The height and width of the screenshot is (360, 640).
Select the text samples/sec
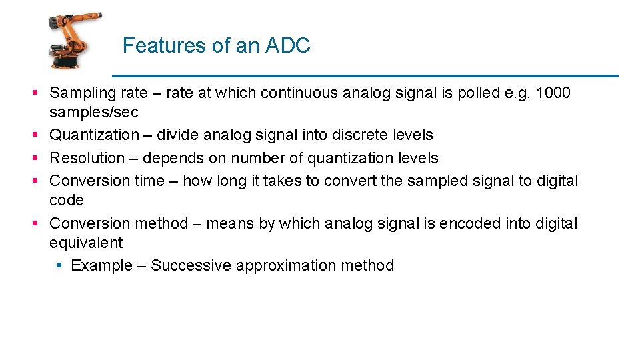[x=94, y=113]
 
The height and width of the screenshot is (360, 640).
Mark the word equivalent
[x=86, y=243]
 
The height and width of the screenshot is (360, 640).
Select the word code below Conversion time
[x=67, y=201]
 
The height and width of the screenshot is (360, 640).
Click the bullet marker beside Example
[x=59, y=266]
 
